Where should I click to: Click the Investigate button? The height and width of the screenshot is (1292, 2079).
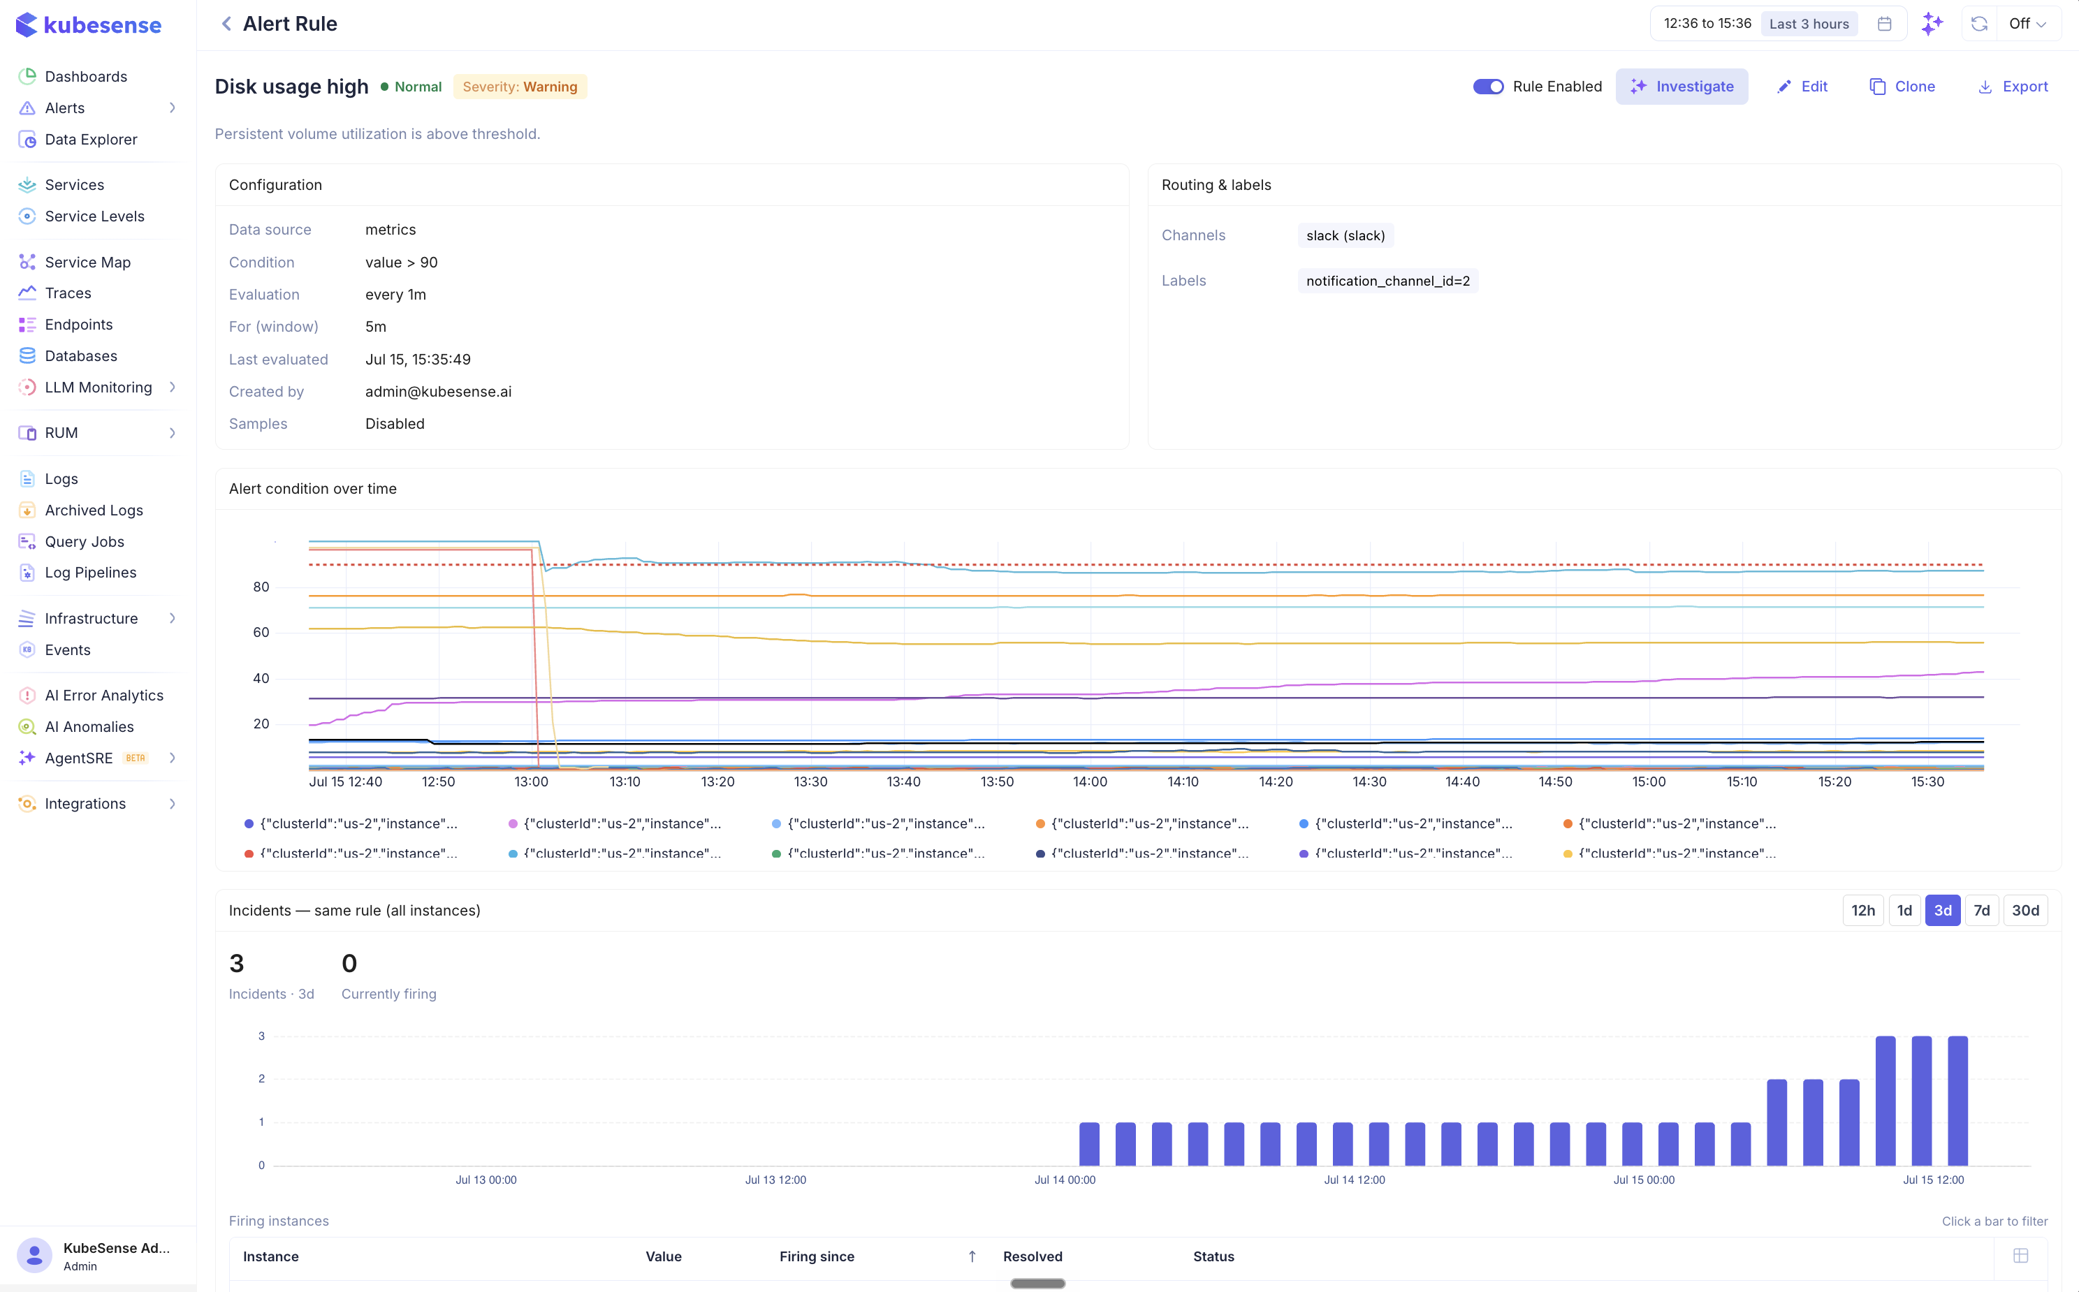coord(1681,87)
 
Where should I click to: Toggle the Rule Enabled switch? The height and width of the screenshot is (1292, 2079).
coord(1488,87)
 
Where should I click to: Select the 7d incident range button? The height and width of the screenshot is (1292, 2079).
coord(1980,910)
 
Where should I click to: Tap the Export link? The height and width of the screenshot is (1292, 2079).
coord(2013,87)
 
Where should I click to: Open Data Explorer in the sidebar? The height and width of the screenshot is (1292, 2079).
coord(91,139)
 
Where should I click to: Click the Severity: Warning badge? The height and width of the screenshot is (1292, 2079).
coord(520,87)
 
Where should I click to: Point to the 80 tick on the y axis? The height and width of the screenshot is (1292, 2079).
coord(261,587)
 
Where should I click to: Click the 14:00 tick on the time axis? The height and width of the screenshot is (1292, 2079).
coord(1090,782)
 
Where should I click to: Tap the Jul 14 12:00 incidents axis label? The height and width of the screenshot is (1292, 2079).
coord(1354,1180)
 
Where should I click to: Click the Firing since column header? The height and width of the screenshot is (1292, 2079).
coord(816,1256)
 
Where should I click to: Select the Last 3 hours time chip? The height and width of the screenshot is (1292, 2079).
coord(1808,24)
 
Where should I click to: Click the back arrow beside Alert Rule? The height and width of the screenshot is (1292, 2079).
coord(226,24)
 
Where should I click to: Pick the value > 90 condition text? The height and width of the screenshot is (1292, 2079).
coord(401,263)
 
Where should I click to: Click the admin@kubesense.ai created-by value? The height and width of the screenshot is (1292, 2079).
coord(438,391)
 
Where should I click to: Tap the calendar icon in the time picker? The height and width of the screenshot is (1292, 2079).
coord(1883,24)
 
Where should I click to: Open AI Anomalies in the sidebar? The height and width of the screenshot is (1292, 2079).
coord(89,726)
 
